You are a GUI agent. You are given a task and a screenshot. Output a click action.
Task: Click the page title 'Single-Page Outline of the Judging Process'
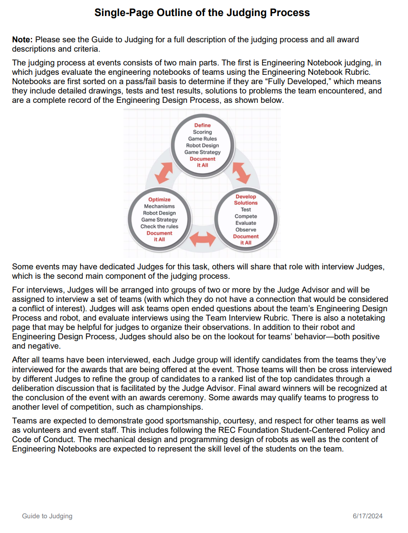pos(202,12)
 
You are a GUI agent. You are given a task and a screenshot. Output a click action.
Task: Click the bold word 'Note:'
pos(22,40)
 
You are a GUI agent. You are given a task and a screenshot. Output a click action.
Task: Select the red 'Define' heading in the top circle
pos(202,125)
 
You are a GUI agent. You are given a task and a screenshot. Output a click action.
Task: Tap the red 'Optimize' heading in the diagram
pos(159,199)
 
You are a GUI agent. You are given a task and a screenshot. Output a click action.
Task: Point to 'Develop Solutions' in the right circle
pos(246,199)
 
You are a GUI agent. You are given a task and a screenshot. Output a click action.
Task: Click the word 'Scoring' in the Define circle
pos(202,132)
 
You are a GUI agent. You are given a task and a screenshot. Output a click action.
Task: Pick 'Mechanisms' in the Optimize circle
pos(159,207)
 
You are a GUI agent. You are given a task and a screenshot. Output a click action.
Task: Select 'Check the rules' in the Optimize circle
pos(159,227)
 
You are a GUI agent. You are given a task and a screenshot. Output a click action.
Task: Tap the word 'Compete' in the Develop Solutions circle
pos(246,216)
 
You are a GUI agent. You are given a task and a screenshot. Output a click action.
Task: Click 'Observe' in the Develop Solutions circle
pos(246,230)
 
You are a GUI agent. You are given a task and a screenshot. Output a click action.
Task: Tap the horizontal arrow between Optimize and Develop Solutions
pos(203,239)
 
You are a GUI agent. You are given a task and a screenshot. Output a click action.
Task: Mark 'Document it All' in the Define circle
pos(202,162)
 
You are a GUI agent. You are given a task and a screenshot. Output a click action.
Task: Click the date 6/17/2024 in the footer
pos(367,516)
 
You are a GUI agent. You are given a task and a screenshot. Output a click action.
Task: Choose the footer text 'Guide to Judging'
pos(47,516)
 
